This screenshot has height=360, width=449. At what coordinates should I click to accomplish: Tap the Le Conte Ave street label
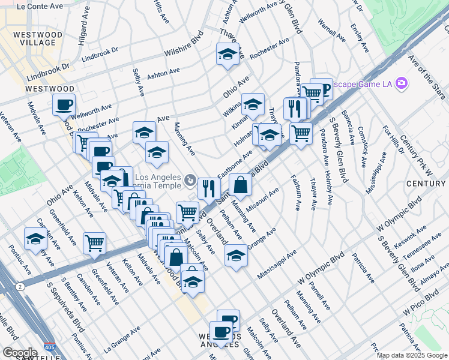click(40, 7)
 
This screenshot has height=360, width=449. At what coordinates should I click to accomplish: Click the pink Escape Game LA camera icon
click(401, 83)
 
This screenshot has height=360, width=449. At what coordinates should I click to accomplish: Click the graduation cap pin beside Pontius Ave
click(35, 239)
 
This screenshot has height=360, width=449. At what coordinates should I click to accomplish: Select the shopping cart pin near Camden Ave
click(94, 243)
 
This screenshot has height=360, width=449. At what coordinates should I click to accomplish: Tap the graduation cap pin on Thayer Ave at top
click(227, 55)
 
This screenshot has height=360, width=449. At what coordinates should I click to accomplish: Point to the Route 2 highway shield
click(21, 287)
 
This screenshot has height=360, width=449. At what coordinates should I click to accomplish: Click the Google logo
click(20, 352)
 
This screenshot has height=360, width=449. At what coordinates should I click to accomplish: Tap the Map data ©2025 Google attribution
click(412, 355)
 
